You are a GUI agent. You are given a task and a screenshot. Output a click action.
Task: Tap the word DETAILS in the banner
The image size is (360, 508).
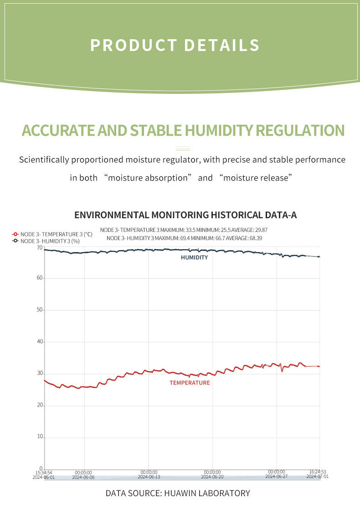(222, 46)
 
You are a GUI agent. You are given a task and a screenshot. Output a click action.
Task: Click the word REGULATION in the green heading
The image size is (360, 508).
(300, 131)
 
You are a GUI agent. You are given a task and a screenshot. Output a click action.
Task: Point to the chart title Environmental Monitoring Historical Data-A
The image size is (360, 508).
(185, 215)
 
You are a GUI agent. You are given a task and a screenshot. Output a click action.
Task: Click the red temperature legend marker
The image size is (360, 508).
(15, 234)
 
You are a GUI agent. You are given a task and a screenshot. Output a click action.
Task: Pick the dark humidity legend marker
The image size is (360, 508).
(15, 241)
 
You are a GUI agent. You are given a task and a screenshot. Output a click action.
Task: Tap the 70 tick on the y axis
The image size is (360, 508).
(40, 248)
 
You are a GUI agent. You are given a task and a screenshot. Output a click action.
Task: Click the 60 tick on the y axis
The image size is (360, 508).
(40, 278)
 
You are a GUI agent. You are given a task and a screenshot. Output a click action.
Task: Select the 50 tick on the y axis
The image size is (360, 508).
(40, 310)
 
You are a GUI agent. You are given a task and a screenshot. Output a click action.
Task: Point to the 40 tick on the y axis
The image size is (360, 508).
(40, 342)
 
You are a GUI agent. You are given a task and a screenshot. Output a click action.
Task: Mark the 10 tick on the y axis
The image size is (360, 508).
(40, 437)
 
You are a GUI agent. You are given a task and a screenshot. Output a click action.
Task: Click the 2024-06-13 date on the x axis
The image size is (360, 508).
(149, 477)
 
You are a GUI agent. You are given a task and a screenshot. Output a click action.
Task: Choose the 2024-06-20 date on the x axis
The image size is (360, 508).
(212, 477)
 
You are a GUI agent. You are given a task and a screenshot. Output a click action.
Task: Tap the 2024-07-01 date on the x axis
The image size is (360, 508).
(317, 477)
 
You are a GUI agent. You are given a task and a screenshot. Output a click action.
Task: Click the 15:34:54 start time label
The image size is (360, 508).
(44, 472)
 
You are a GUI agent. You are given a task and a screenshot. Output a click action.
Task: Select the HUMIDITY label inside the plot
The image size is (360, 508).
(194, 257)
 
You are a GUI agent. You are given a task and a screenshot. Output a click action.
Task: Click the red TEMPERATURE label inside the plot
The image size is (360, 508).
(190, 383)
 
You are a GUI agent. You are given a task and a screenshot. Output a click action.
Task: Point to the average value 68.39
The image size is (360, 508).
(256, 238)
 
